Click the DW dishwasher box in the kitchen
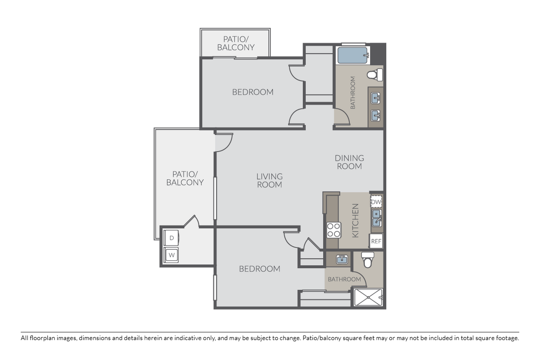[376, 202]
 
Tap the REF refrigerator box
[376, 241]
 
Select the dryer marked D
[172, 238]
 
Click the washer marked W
[172, 255]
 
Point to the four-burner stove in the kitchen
[334, 229]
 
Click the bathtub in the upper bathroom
[353, 55]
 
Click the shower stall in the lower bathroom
[368, 298]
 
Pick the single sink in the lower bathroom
[342, 260]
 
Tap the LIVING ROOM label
[269, 180]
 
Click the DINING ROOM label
[349, 162]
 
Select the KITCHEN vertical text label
[355, 220]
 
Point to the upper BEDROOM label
[253, 92]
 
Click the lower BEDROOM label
[260, 269]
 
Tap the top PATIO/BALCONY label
[236, 43]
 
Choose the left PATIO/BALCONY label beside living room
[185, 178]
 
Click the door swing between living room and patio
[223, 142]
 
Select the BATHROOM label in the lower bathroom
[344, 279]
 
